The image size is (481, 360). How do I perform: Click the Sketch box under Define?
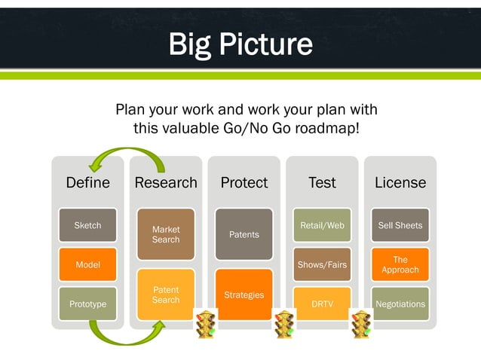pyautogui.click(x=87, y=225)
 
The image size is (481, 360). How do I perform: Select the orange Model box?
pyautogui.click(x=87, y=264)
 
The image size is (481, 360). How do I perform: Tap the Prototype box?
pyautogui.click(x=87, y=304)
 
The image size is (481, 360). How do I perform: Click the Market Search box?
pyautogui.click(x=166, y=234)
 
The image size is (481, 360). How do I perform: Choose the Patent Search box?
pyautogui.click(x=166, y=294)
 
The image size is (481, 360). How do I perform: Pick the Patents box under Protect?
pyautogui.click(x=244, y=234)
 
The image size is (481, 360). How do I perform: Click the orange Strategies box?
pyautogui.click(x=244, y=294)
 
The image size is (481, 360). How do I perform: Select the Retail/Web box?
pyautogui.click(x=322, y=225)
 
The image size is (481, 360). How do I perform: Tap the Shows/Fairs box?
pyautogui.click(x=322, y=264)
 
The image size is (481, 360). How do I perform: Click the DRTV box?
pyautogui.click(x=322, y=304)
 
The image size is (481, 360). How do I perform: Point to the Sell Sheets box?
pyautogui.click(x=400, y=225)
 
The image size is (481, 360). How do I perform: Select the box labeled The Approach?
pyautogui.click(x=400, y=264)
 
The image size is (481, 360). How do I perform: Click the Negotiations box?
pyautogui.click(x=400, y=304)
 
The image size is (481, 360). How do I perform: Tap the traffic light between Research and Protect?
pyautogui.click(x=205, y=324)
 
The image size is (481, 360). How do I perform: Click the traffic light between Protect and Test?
pyautogui.click(x=283, y=324)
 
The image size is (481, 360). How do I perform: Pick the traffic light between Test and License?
pyautogui.click(x=361, y=324)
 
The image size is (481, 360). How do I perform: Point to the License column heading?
pyautogui.click(x=400, y=183)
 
